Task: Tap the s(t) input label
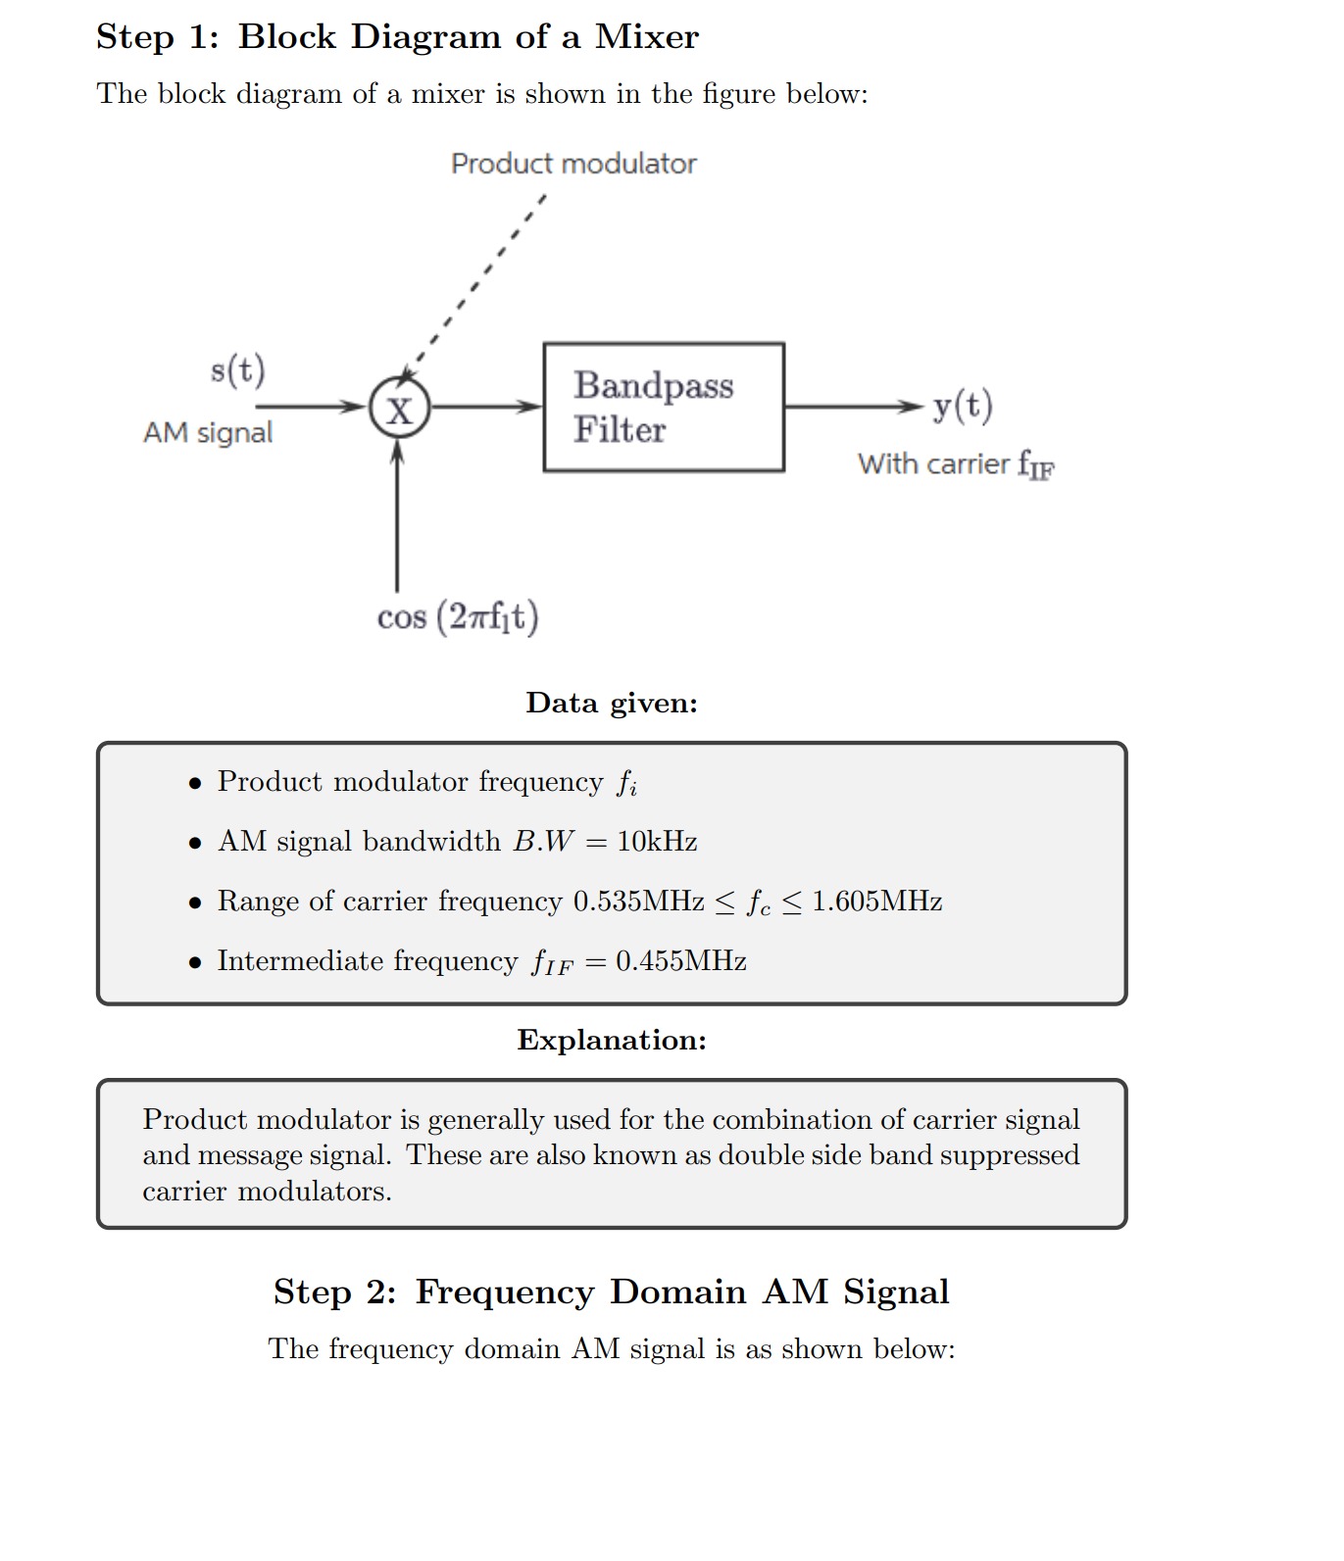point(237,370)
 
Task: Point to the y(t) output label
point(963,406)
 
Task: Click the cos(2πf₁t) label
point(458,617)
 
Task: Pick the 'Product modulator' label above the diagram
point(573,164)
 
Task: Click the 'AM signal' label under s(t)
point(208,432)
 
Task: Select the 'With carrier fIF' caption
point(957,463)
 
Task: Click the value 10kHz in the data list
point(657,842)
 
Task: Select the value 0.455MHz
point(681,961)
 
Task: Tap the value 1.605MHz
point(877,902)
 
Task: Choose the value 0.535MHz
point(639,902)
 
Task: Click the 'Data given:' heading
point(612,704)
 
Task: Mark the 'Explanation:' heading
point(612,1041)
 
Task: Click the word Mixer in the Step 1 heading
point(647,37)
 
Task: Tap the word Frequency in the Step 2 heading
point(505,1293)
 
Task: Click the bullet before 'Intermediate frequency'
point(196,963)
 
